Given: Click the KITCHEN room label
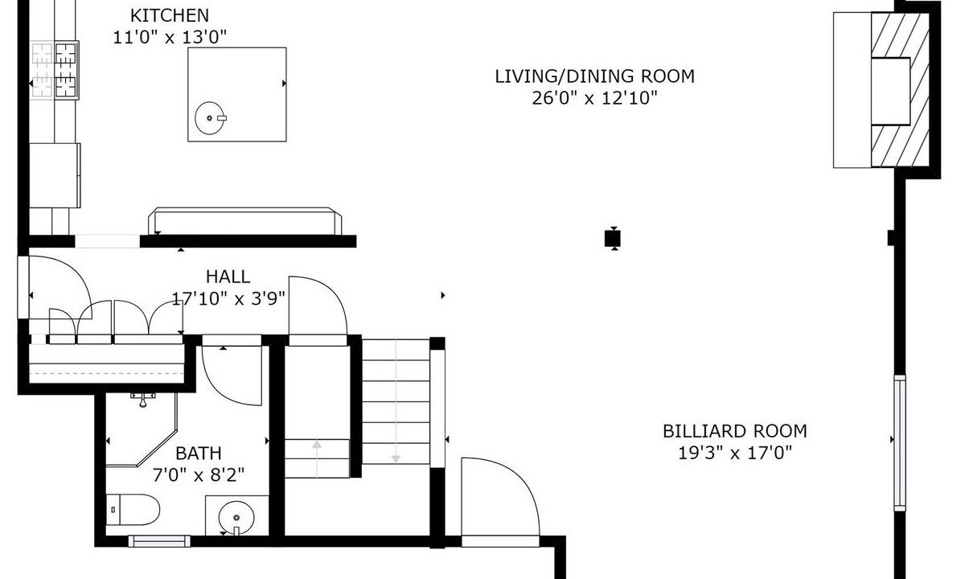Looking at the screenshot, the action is pos(170,15).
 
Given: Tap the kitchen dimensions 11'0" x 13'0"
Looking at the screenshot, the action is pos(170,37).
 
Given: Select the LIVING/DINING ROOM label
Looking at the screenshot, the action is pos(595,76).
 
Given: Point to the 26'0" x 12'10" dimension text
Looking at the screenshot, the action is pos(595,98).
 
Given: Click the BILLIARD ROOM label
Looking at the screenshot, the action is pos(735,431).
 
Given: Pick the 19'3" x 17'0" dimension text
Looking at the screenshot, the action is pos(735,453).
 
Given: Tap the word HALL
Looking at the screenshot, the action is pos(228,277).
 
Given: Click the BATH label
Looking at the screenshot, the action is pos(199,454).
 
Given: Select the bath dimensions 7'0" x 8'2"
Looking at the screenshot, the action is pos(199,475).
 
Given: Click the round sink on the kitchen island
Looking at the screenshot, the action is pos(210,118).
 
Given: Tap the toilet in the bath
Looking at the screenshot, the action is pos(133,510).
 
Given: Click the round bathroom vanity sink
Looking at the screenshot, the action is pos(236,518).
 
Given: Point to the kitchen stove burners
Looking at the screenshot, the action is pos(55,70).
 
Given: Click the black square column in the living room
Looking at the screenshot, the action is pos(613,239).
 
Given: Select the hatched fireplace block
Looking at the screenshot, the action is pos(900,90).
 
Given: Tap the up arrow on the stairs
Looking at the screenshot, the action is pos(317,458).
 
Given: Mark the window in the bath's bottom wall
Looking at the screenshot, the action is pos(159,541).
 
